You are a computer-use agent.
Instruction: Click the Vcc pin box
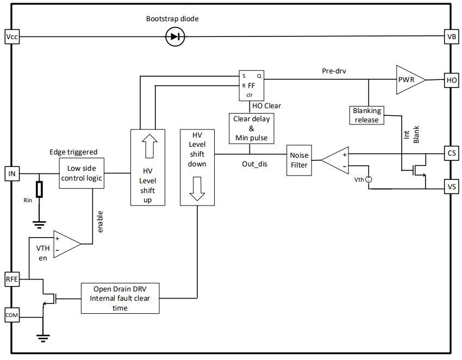(x=11, y=37)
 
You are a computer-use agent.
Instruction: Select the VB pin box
(x=451, y=37)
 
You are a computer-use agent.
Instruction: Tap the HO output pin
(x=451, y=79)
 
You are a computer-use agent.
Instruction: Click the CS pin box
(x=451, y=154)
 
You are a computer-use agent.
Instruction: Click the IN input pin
(x=11, y=173)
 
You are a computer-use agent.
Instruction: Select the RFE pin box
(x=11, y=280)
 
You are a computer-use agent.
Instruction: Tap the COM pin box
(x=11, y=315)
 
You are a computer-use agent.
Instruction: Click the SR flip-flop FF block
(x=251, y=85)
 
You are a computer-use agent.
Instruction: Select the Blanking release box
(x=367, y=115)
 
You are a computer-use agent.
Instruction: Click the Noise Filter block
(x=299, y=160)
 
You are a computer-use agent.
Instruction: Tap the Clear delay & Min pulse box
(x=251, y=128)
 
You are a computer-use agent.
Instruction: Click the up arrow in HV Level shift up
(x=147, y=146)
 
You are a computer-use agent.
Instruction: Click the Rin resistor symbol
(x=39, y=189)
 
